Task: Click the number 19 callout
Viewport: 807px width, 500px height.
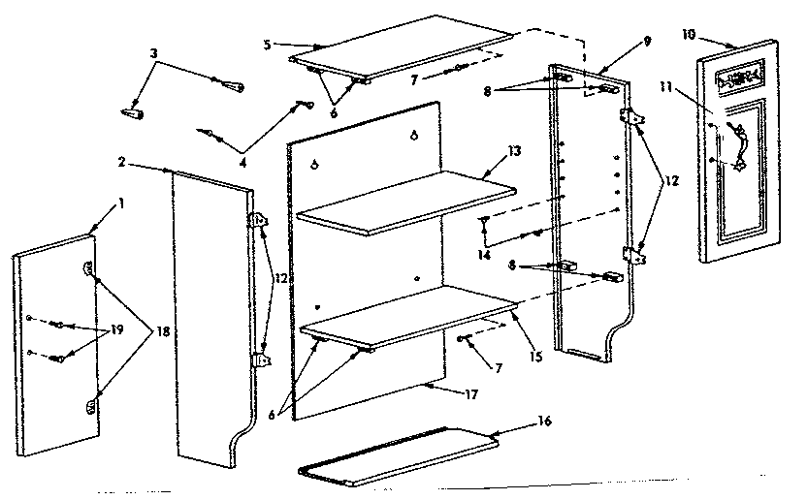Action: point(118,329)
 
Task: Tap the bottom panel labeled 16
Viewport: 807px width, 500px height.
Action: point(398,458)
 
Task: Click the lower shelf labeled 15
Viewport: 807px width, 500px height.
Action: point(407,315)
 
